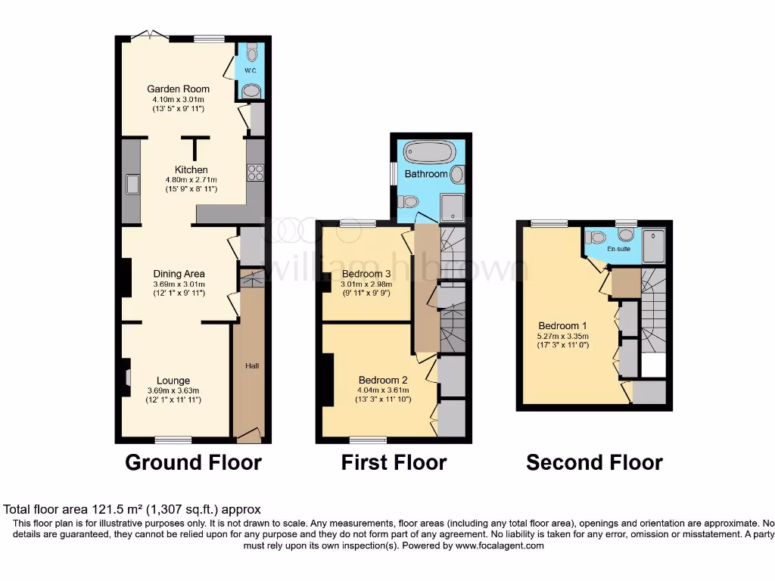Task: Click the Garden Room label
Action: click(x=179, y=89)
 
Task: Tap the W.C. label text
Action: click(x=251, y=70)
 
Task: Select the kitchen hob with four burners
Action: click(x=254, y=172)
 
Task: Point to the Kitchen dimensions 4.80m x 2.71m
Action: click(x=191, y=180)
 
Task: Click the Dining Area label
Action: click(x=179, y=274)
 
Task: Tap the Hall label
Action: click(x=252, y=366)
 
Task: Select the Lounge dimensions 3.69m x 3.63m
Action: click(x=173, y=390)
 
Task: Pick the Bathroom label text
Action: click(x=426, y=174)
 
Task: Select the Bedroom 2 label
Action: click(x=383, y=380)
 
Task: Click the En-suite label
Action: click(x=619, y=248)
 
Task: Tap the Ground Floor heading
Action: click(x=193, y=462)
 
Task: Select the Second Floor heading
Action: click(x=594, y=462)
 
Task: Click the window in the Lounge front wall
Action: click(x=173, y=440)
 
